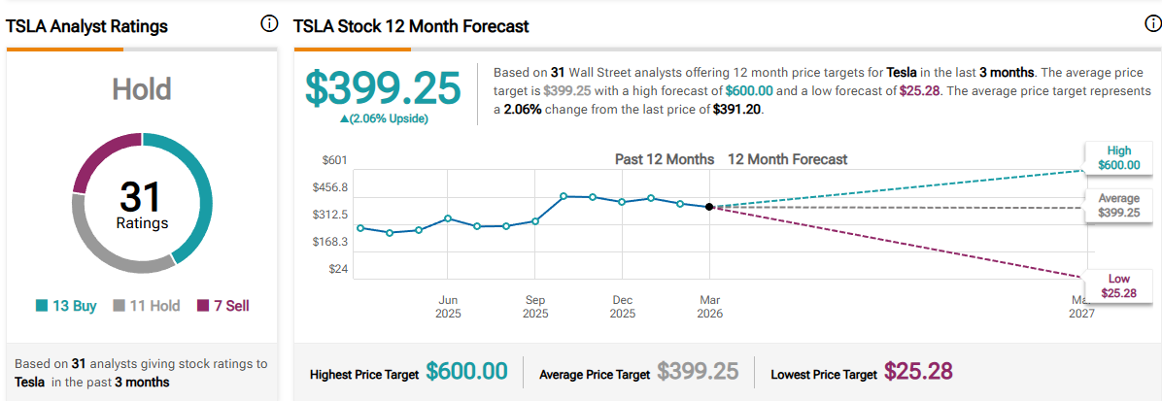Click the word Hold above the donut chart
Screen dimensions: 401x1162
[142, 90]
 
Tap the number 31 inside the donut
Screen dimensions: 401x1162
[143, 197]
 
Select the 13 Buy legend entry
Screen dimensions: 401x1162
[66, 306]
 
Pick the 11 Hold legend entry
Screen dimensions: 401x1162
[148, 306]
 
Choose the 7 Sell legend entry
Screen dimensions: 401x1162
[223, 306]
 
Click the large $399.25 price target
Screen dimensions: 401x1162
[383, 88]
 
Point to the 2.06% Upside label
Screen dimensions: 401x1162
[382, 118]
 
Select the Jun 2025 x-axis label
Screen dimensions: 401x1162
[448, 307]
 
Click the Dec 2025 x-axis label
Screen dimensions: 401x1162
[623, 307]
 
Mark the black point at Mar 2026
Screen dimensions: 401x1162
[709, 207]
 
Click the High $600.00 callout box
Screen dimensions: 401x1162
[1118, 158]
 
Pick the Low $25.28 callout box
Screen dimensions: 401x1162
[1118, 286]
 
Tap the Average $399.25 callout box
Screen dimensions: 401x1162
[1118, 205]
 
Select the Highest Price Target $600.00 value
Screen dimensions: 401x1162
[467, 372]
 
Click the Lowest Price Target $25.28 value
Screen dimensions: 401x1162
[917, 372]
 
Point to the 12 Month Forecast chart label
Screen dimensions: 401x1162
[787, 159]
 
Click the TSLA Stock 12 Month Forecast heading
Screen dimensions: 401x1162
[411, 27]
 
